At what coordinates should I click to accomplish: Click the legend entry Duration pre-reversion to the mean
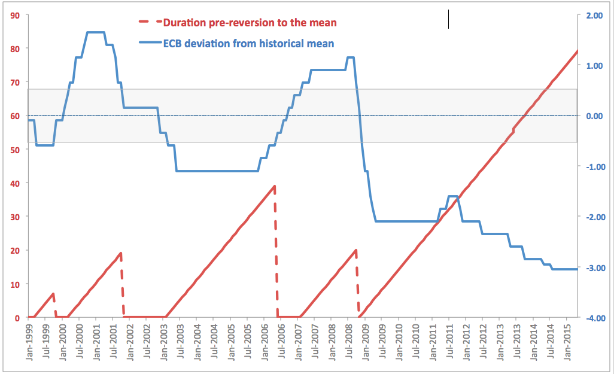pyautogui.click(x=250, y=23)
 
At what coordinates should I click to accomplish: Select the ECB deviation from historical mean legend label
pyautogui.click(x=248, y=43)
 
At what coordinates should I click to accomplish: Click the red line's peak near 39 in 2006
pyautogui.click(x=275, y=186)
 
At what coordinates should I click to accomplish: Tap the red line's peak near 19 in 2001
pyautogui.click(x=121, y=253)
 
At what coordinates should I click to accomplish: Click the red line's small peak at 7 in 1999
pyautogui.click(x=54, y=294)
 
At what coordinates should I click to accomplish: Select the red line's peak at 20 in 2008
pyautogui.click(x=356, y=250)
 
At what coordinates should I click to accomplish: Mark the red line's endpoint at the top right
pyautogui.click(x=577, y=51)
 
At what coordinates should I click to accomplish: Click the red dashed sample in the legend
pyautogui.click(x=149, y=23)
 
